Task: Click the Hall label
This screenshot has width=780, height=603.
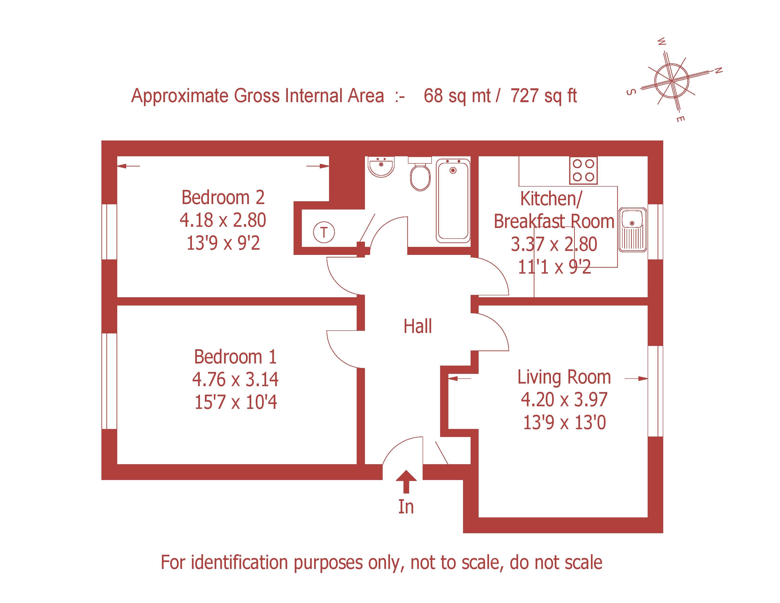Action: click(x=417, y=326)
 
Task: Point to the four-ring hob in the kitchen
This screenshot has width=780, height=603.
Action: click(x=583, y=170)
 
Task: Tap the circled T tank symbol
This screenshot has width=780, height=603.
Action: click(x=324, y=232)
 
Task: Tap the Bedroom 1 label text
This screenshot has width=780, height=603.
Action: click(x=235, y=357)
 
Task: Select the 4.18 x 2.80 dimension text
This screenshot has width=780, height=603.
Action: click(x=223, y=220)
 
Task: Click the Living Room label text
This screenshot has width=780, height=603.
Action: click(x=564, y=377)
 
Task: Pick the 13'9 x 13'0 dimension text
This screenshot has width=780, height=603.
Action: click(x=564, y=423)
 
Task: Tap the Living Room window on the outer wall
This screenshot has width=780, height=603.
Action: click(x=655, y=391)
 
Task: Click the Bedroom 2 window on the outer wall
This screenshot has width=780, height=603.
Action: click(x=109, y=232)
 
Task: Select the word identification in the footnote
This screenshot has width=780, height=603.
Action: click(x=239, y=563)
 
